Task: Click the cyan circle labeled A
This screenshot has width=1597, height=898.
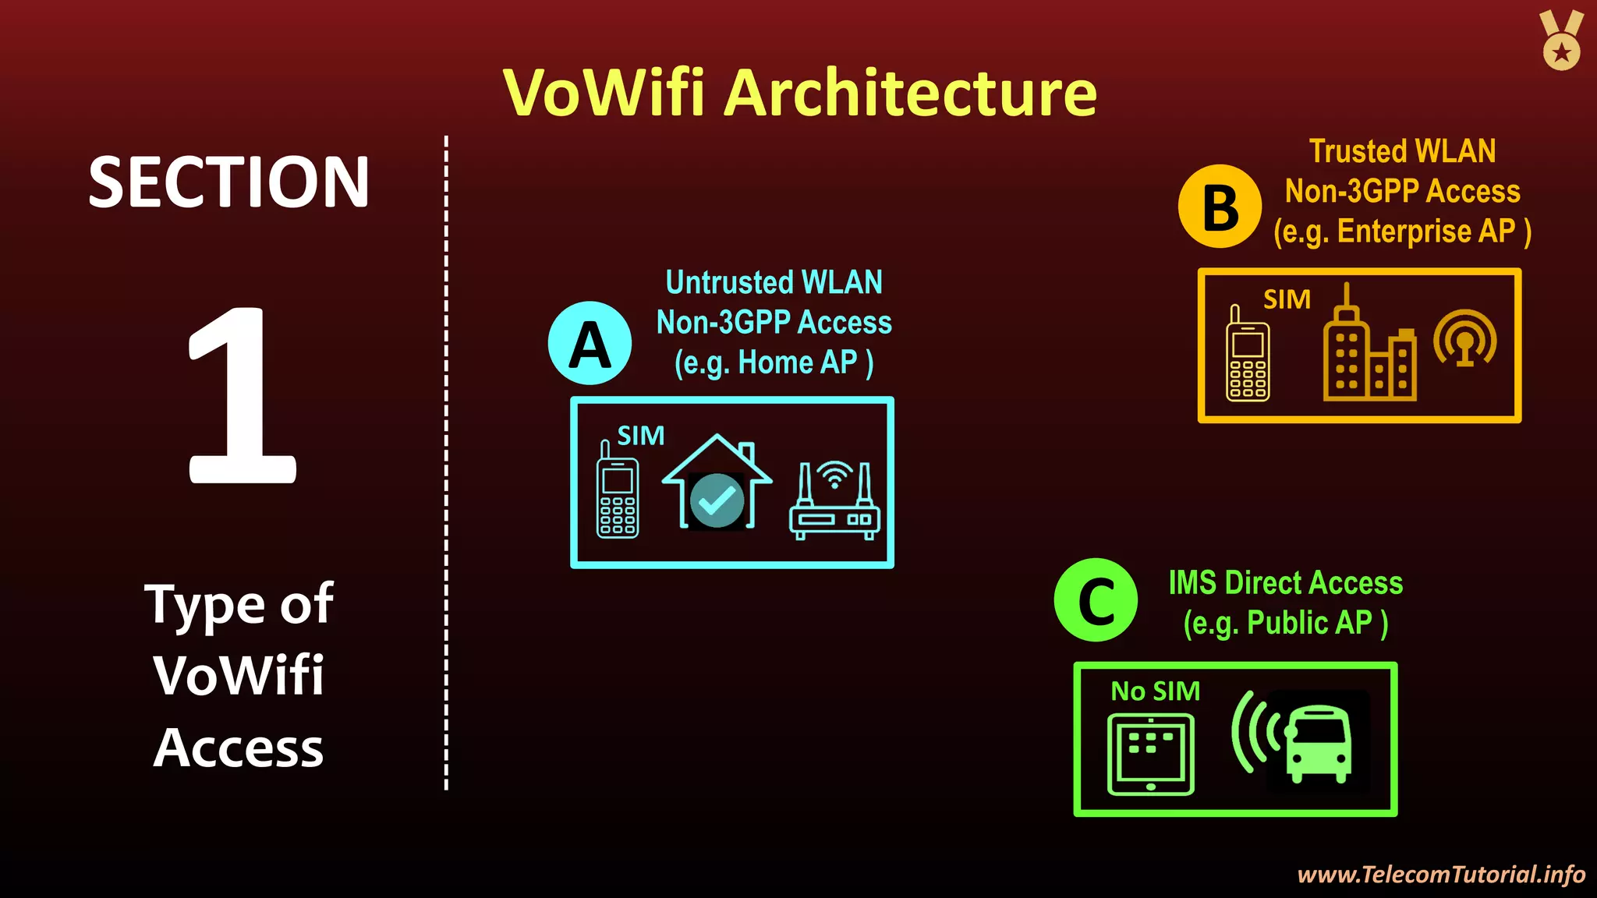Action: (x=590, y=343)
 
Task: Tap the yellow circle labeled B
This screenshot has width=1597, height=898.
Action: (x=1220, y=207)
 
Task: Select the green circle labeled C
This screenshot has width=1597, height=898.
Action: (x=1096, y=599)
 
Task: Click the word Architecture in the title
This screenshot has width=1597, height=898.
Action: (x=910, y=93)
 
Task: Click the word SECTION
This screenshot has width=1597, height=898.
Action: (x=228, y=182)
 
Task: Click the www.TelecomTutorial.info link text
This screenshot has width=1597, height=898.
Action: (x=1440, y=875)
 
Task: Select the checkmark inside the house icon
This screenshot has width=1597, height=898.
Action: (x=717, y=500)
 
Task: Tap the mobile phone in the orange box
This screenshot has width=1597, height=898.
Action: (x=1247, y=355)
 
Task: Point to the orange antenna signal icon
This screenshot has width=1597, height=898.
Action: (x=1465, y=338)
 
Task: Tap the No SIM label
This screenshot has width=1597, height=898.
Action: (x=1155, y=691)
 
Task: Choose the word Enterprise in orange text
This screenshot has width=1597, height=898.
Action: (x=1404, y=232)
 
